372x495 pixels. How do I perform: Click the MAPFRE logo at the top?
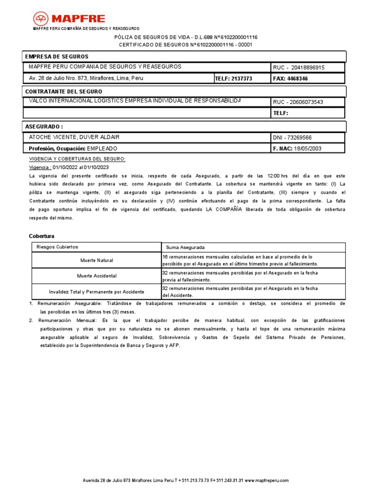tap(69, 19)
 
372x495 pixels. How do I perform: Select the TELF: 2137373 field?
tap(234, 78)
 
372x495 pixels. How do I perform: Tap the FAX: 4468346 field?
tap(291, 78)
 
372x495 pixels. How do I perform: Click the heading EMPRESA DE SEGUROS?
tap(57, 57)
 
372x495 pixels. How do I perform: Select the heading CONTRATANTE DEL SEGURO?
tap(63, 91)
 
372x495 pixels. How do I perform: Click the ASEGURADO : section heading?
tap(44, 126)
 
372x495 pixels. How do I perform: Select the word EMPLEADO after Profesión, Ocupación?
tap(102, 149)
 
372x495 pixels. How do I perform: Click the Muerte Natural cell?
tap(96, 261)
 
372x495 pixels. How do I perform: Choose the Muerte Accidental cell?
tap(96, 276)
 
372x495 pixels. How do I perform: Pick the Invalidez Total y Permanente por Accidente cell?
tap(96, 292)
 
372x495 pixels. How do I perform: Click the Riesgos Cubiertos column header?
tap(57, 247)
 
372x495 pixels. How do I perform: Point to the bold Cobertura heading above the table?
tap(42, 236)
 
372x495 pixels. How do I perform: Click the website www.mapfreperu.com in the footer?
tap(266, 480)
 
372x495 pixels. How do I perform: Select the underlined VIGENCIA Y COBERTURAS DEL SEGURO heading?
tap(77, 159)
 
